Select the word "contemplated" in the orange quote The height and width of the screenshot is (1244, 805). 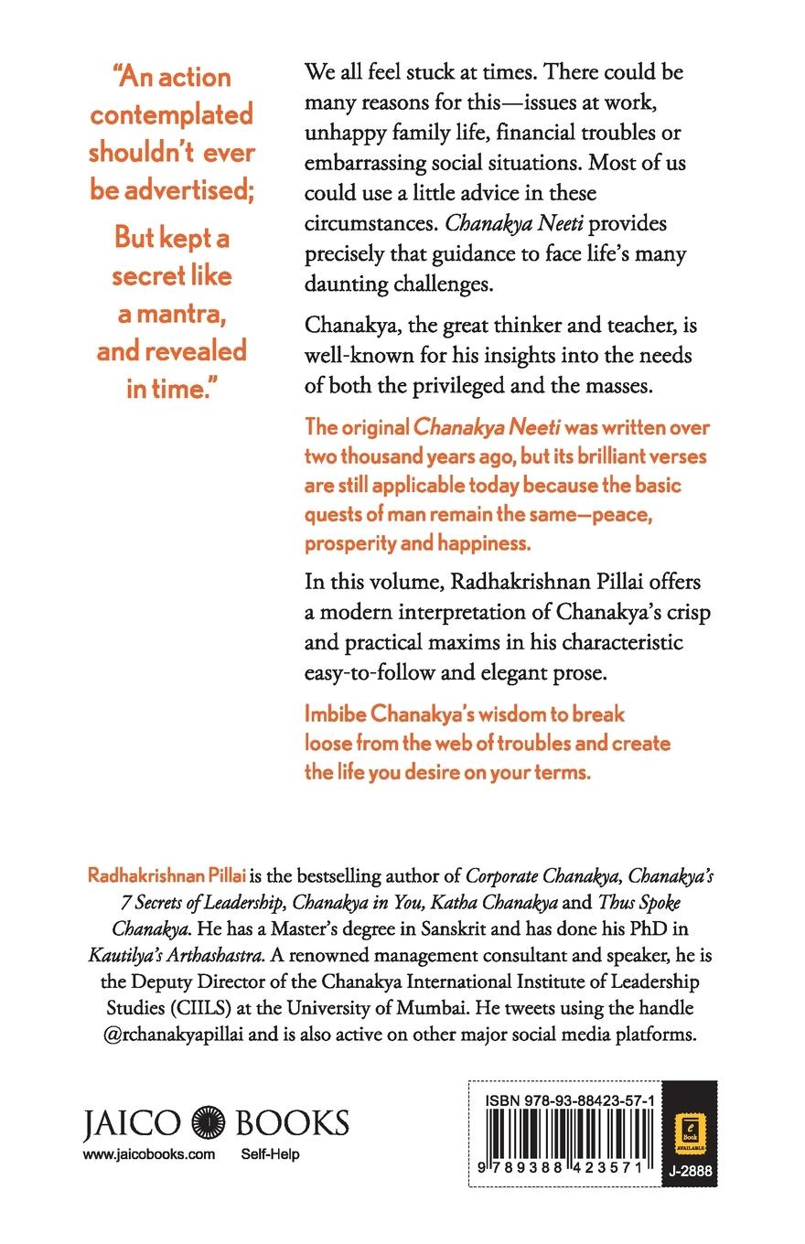[x=171, y=115]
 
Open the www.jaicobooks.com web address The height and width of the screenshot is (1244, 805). [x=148, y=1154]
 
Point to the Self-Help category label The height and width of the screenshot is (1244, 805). [x=270, y=1154]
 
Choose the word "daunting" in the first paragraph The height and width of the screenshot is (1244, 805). [x=348, y=284]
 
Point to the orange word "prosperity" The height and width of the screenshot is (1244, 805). [x=352, y=542]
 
